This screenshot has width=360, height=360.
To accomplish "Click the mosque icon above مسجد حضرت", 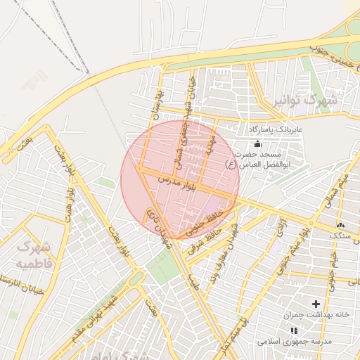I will pyautogui.click(x=257, y=143).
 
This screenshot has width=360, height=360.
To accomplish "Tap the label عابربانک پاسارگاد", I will pyautogui.click(x=274, y=130).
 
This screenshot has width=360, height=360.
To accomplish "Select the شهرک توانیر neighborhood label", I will pyautogui.click(x=304, y=100).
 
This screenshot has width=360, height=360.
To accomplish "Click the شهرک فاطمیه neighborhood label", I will pyautogui.click(x=34, y=255).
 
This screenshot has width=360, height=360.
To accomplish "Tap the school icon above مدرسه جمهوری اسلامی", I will pyautogui.click(x=294, y=330).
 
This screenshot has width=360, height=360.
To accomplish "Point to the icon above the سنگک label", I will pyautogui.click(x=340, y=224).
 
